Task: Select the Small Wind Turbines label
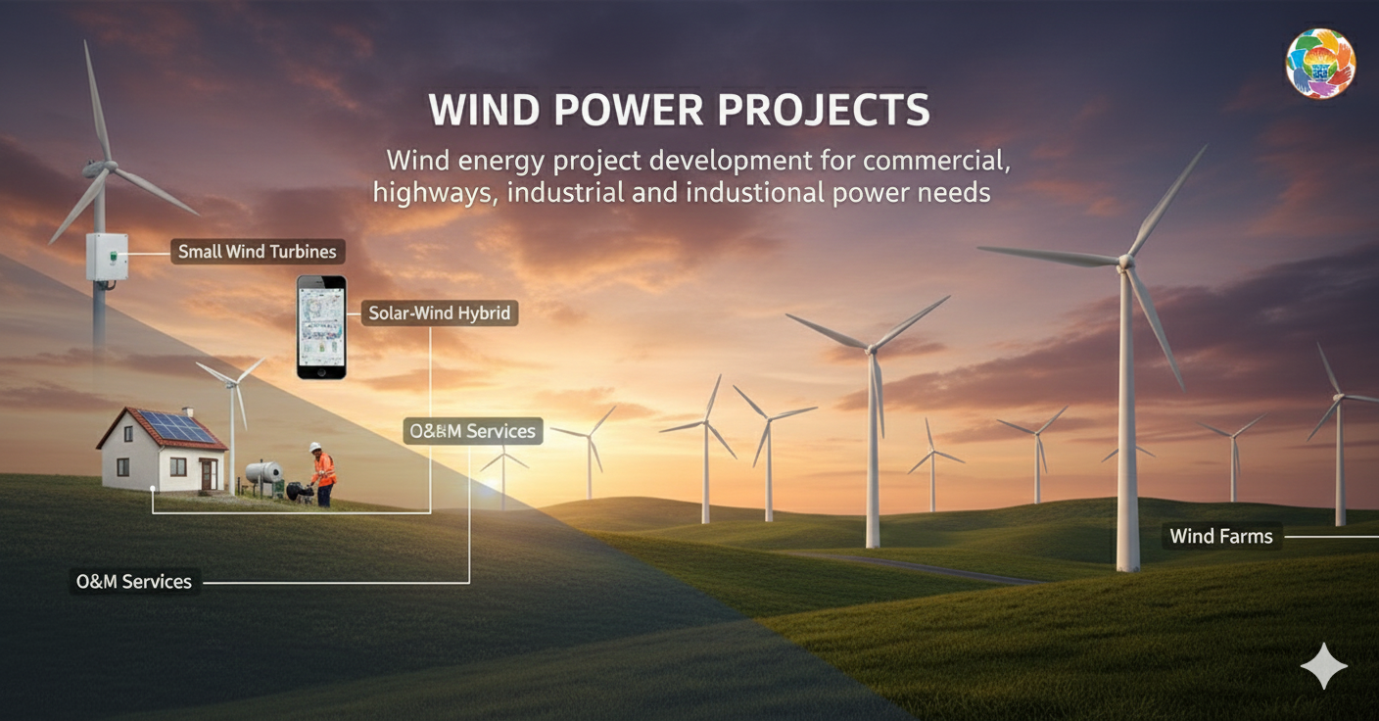257,252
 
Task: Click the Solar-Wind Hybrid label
440,313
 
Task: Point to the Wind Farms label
1221,536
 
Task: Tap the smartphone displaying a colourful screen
321,326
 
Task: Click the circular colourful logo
1319,64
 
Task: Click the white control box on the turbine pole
106,257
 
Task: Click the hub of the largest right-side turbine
1125,262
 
